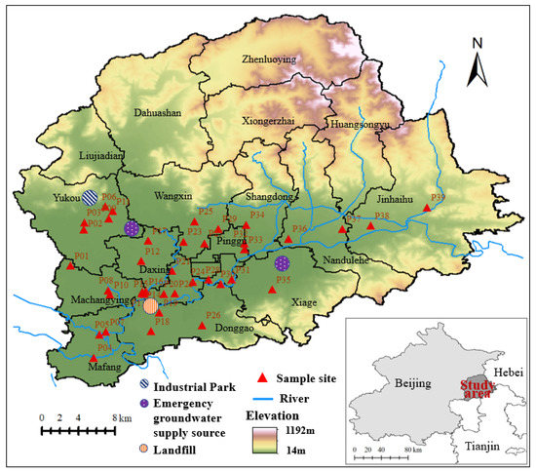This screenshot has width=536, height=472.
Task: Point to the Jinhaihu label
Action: click(x=395, y=198)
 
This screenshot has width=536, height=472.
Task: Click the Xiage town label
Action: click(x=305, y=303)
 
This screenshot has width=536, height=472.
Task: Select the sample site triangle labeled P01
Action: click(x=70, y=265)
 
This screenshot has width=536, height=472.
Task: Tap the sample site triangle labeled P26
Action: click(x=202, y=326)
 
